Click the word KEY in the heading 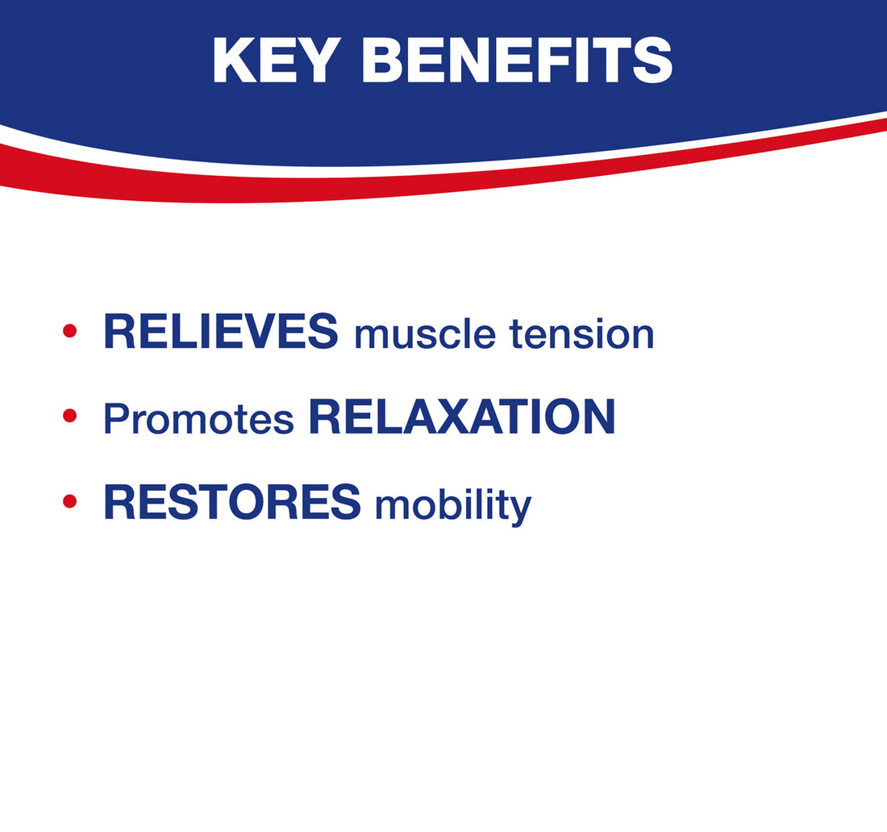coord(276,61)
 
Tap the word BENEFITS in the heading coord(517,61)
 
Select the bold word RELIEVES coord(221,331)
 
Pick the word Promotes coord(198,419)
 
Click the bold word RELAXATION coord(461,416)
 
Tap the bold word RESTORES coord(232,502)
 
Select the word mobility coord(453,505)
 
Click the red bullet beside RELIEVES coord(69,331)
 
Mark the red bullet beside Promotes coord(69,416)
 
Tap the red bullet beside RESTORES coord(69,501)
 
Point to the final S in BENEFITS coord(652,61)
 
